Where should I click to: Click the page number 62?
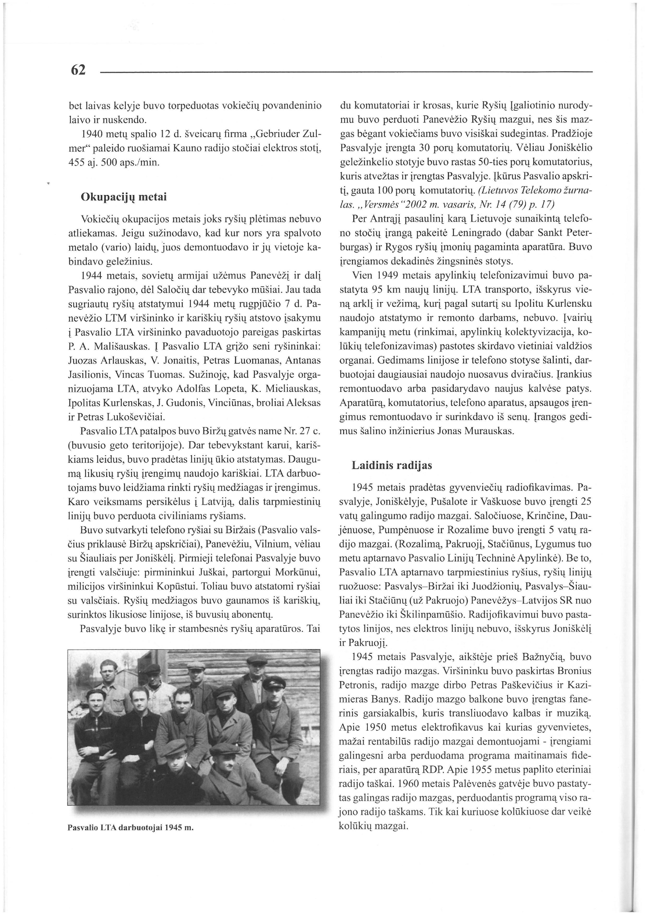click(78, 70)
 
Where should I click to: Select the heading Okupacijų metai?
click(123, 197)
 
